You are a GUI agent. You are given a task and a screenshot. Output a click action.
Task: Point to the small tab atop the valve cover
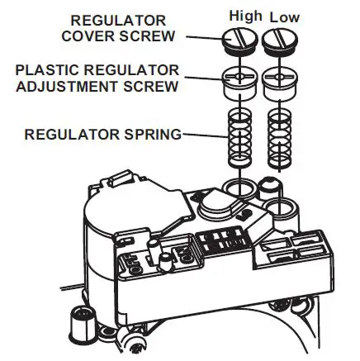(x=116, y=178)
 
